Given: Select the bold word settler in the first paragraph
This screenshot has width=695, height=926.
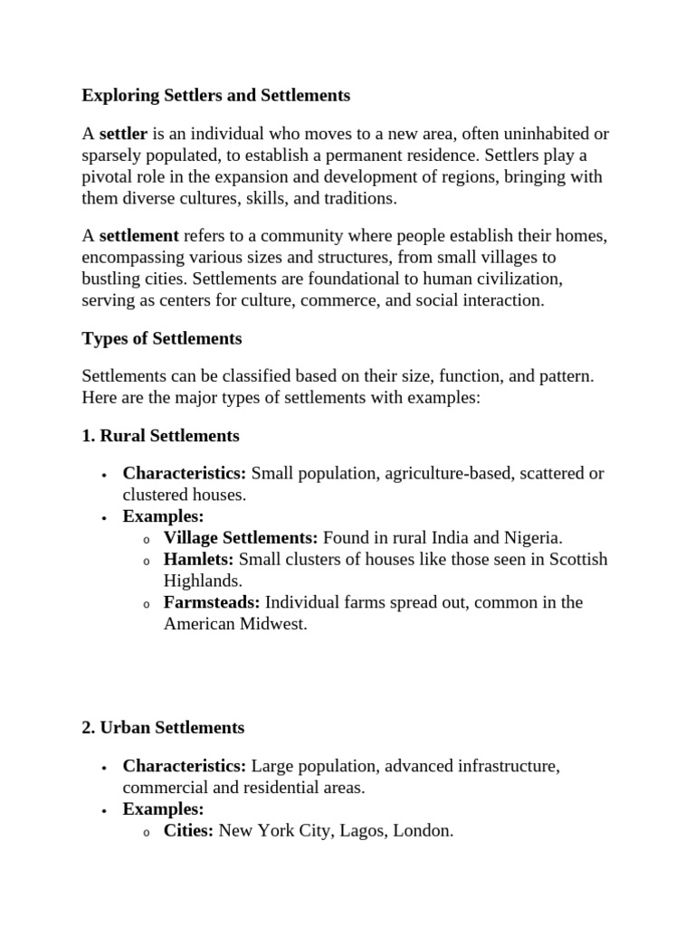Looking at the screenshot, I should click(123, 134).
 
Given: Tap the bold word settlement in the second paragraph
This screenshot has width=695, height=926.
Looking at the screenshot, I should click(138, 236).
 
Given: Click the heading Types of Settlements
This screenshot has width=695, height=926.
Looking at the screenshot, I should click(162, 339).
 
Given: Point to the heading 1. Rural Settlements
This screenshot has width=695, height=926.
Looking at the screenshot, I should click(160, 436).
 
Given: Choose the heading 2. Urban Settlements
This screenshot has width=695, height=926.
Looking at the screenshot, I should click(163, 727).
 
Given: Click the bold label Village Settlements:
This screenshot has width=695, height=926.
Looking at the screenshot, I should click(241, 537).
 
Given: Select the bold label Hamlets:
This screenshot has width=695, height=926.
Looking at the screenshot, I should click(199, 559).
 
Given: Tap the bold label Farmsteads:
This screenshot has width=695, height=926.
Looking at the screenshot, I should click(212, 602).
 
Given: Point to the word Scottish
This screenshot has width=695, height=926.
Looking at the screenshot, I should click(575, 559).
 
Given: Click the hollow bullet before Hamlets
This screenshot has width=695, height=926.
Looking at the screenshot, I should click(147, 561).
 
